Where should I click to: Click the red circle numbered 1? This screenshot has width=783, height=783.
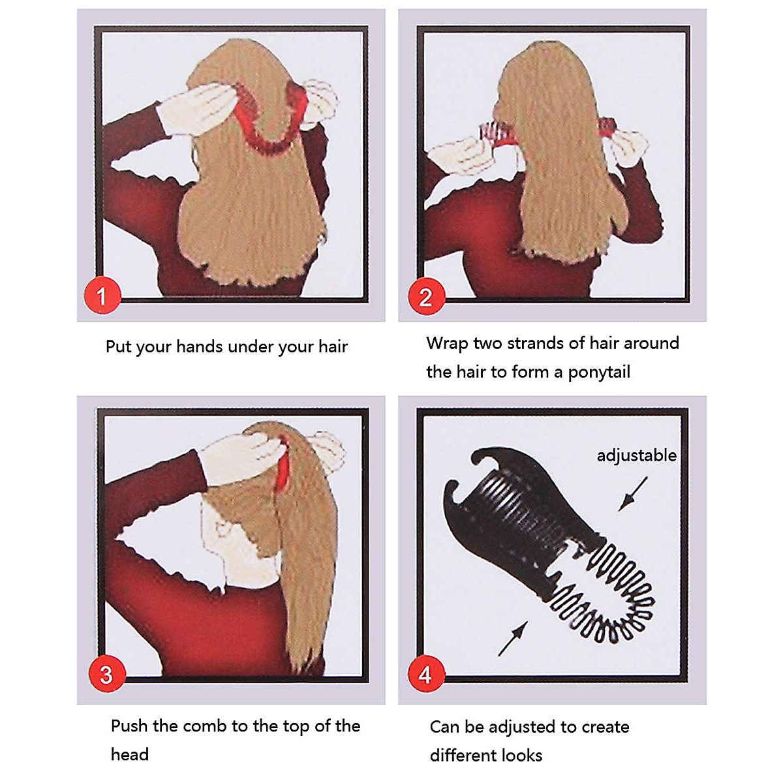tap(101, 297)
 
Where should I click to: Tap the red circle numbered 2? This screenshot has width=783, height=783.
tap(425, 297)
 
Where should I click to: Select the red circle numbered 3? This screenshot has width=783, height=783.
tap(106, 674)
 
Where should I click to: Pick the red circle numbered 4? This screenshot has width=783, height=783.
tap(425, 674)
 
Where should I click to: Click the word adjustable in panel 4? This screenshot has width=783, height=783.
tap(636, 455)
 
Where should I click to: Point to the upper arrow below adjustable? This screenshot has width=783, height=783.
tap(633, 493)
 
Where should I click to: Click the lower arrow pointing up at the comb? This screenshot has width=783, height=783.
tap(513, 637)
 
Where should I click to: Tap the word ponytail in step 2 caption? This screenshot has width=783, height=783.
tap(599, 372)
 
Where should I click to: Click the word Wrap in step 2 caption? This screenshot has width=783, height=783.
tap(447, 343)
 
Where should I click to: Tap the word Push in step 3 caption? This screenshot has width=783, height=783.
tap(129, 726)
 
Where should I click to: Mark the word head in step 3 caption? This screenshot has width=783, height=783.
tap(129, 755)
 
